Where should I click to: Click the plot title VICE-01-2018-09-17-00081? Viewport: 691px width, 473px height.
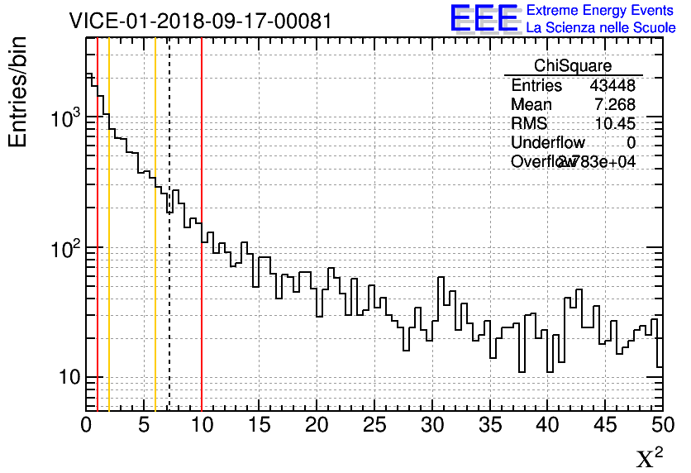[201, 21]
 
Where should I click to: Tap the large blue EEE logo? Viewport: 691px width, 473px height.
[484, 18]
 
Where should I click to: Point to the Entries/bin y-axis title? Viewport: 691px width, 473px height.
[18, 92]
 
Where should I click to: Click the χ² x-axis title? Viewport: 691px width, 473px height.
[649, 458]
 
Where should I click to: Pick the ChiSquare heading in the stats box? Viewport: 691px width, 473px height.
[573, 65]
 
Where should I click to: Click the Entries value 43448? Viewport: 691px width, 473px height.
[612, 86]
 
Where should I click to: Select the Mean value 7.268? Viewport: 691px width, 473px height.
[615, 105]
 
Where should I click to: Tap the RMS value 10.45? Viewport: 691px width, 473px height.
[616, 123]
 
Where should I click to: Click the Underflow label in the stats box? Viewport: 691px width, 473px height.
[548, 143]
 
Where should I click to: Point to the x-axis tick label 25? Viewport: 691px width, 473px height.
[374, 425]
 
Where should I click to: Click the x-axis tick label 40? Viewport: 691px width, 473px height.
[547, 425]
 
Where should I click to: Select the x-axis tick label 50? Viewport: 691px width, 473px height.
[661, 425]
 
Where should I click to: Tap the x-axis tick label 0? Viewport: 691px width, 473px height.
[86, 425]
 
